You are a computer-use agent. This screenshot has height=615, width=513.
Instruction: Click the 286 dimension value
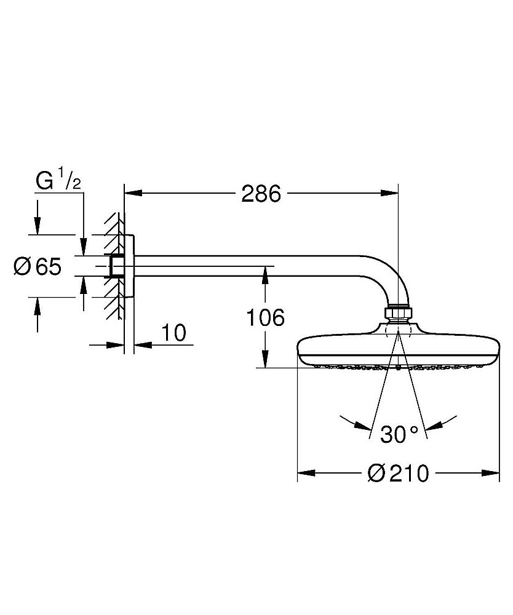[261, 194]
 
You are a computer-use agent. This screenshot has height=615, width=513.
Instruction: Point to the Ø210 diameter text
[397, 474]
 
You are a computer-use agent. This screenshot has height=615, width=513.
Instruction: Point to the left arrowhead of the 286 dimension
[133, 194]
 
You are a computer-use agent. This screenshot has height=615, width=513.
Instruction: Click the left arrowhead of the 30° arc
[364, 425]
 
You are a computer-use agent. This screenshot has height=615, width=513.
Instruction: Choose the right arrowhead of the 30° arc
[434, 425]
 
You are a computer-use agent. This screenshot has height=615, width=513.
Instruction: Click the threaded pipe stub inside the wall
[114, 266]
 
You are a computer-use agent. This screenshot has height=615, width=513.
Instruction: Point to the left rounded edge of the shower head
[300, 351]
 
